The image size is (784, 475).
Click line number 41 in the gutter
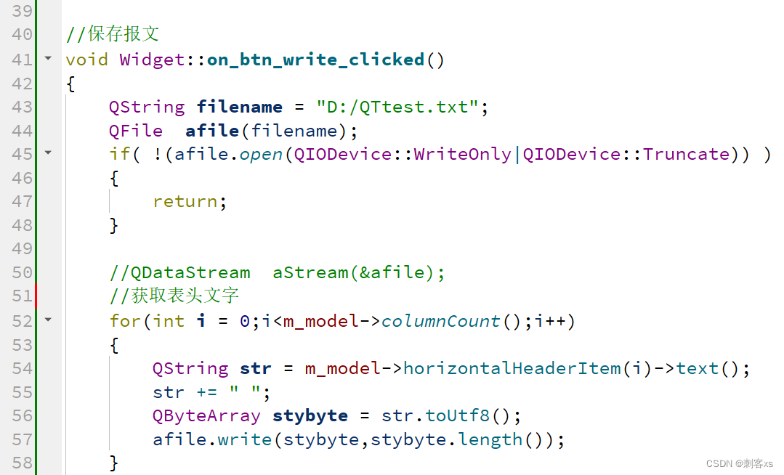tap(22, 60)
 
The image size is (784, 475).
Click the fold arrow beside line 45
tap(48, 153)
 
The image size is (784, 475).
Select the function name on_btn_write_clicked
tap(316, 60)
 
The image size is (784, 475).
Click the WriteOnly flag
tap(463, 154)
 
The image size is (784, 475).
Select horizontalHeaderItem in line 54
tap(512, 368)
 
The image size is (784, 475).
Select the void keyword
tap(86, 60)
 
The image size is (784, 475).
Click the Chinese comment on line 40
tap(123, 34)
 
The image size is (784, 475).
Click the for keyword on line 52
tap(125, 321)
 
